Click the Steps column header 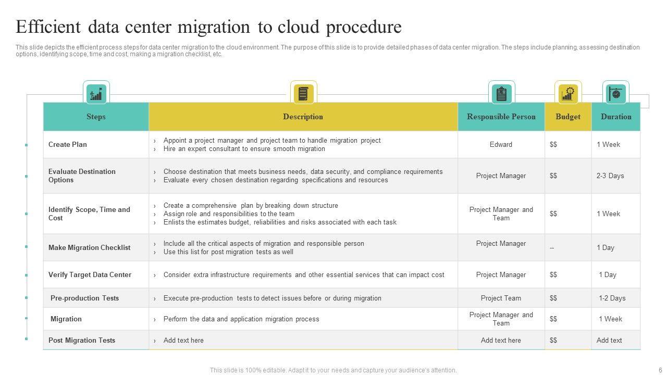tap(96, 117)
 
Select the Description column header tap(303, 117)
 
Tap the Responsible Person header tap(501, 117)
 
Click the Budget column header tap(568, 117)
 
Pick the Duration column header tap(616, 117)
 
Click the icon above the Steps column tap(96, 94)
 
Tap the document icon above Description tap(303, 94)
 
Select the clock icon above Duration tap(616, 94)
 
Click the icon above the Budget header tap(568, 94)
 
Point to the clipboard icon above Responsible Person tap(502, 94)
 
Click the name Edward tap(501, 145)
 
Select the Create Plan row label tap(68, 145)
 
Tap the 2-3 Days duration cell tap(610, 176)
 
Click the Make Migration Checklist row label tap(89, 248)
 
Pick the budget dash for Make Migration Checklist tap(552, 248)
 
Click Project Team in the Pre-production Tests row tap(501, 298)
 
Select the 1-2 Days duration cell tap(612, 298)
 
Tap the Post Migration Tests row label tap(82, 341)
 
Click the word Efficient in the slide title tap(48, 27)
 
